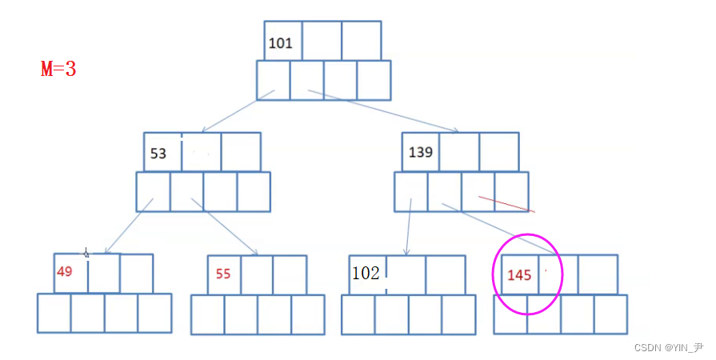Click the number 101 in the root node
[280, 43]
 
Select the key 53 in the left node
[158, 154]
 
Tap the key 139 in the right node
[421, 152]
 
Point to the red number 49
[65, 271]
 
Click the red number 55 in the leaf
[222, 274]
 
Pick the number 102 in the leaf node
[366, 273]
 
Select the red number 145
[519, 275]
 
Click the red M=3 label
[58, 69]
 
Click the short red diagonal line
[506, 204]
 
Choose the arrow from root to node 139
[384, 111]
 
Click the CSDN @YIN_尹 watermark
[668, 347]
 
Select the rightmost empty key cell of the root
[362, 41]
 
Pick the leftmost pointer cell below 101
[274, 80]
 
